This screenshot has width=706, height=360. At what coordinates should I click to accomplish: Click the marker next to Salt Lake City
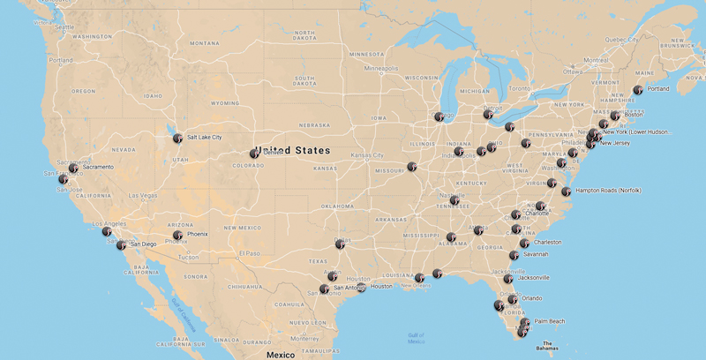177,138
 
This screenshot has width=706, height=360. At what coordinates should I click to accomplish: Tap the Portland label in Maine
657,89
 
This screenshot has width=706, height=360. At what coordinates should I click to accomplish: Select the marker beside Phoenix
178,235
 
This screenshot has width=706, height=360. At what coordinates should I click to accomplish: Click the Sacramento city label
97,167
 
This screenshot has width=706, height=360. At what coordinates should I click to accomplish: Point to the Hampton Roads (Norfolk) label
608,191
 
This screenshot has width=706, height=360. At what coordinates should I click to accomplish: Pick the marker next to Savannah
514,255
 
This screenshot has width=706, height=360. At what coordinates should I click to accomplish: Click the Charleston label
547,243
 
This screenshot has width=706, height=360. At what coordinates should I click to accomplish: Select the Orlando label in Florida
531,298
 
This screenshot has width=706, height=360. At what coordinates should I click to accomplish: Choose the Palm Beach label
549,321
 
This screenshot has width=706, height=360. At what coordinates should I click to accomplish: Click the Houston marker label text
381,287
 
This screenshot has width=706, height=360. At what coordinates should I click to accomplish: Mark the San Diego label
143,244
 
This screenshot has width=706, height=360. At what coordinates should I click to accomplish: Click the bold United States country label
292,151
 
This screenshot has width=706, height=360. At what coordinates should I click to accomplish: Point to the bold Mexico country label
281,354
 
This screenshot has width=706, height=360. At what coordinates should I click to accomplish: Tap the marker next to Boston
615,116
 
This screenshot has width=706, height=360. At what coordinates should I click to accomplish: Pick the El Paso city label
251,253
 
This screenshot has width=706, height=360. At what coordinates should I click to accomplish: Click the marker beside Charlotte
516,214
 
